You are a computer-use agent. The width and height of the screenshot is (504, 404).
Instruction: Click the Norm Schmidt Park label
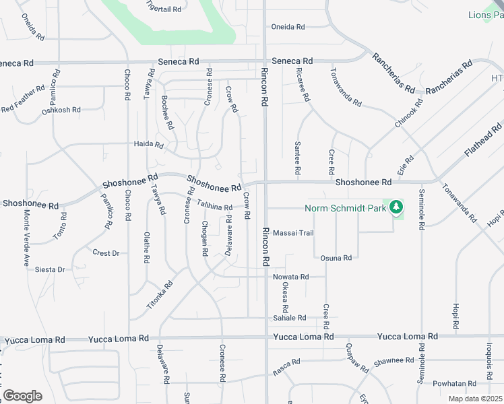pyautogui.click(x=346, y=208)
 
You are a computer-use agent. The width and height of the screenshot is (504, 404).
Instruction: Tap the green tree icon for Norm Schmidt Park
pyautogui.click(x=397, y=207)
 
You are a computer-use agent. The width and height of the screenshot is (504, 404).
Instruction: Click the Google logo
pyautogui.click(x=22, y=396)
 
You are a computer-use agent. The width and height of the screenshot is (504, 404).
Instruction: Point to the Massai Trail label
pyautogui.click(x=293, y=233)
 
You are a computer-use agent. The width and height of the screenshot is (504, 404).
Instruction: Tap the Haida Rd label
pyautogui.click(x=149, y=145)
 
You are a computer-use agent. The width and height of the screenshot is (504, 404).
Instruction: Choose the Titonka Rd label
pyautogui.click(x=160, y=295)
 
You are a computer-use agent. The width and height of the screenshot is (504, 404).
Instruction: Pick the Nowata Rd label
pyautogui.click(x=290, y=277)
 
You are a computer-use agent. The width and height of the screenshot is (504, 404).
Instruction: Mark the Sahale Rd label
pyautogui.click(x=289, y=318)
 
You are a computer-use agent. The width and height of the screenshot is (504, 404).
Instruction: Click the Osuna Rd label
pyautogui.click(x=336, y=258)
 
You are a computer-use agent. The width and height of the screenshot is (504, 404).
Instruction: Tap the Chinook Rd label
pyautogui.click(x=409, y=114)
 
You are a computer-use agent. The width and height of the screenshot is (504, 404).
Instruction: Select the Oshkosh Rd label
pyautogui.click(x=61, y=110)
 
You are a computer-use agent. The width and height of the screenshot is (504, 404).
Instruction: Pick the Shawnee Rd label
pyautogui.click(x=393, y=361)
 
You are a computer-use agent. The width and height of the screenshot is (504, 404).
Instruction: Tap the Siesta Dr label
pyautogui.click(x=51, y=269)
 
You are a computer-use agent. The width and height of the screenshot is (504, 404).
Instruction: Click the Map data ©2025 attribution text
pyautogui.click(x=475, y=399)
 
